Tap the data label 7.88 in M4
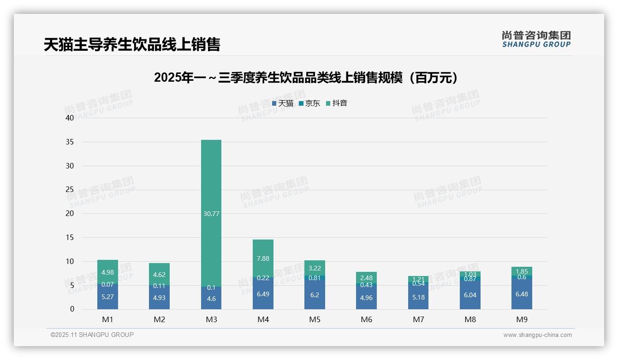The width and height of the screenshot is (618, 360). pyautogui.click(x=263, y=259)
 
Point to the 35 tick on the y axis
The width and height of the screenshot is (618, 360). pyautogui.click(x=69, y=142)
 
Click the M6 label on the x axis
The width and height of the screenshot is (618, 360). pyautogui.click(x=366, y=319)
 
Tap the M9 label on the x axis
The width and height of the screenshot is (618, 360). pyautogui.click(x=522, y=319)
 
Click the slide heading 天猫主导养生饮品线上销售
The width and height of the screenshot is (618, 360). pyautogui.click(x=132, y=44)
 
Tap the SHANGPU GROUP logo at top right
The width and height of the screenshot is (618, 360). pyautogui.click(x=536, y=39)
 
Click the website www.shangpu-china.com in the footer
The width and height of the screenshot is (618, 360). pyautogui.click(x=537, y=335)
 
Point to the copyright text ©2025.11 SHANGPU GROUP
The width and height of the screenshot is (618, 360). pyautogui.click(x=92, y=335)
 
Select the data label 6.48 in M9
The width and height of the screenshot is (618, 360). pyautogui.click(x=522, y=294)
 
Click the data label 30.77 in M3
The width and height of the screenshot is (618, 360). pyautogui.click(x=211, y=214)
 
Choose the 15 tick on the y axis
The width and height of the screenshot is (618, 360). pyautogui.click(x=69, y=237)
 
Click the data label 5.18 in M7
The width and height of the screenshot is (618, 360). pyautogui.click(x=418, y=297)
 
